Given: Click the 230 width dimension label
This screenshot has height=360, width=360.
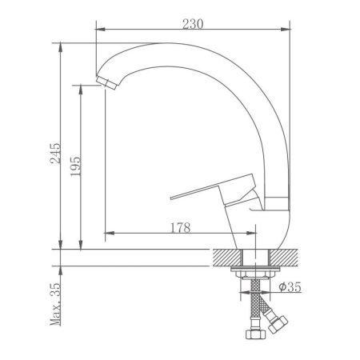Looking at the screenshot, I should point(193,23).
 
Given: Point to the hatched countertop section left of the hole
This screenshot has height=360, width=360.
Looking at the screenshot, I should point(226,256).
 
